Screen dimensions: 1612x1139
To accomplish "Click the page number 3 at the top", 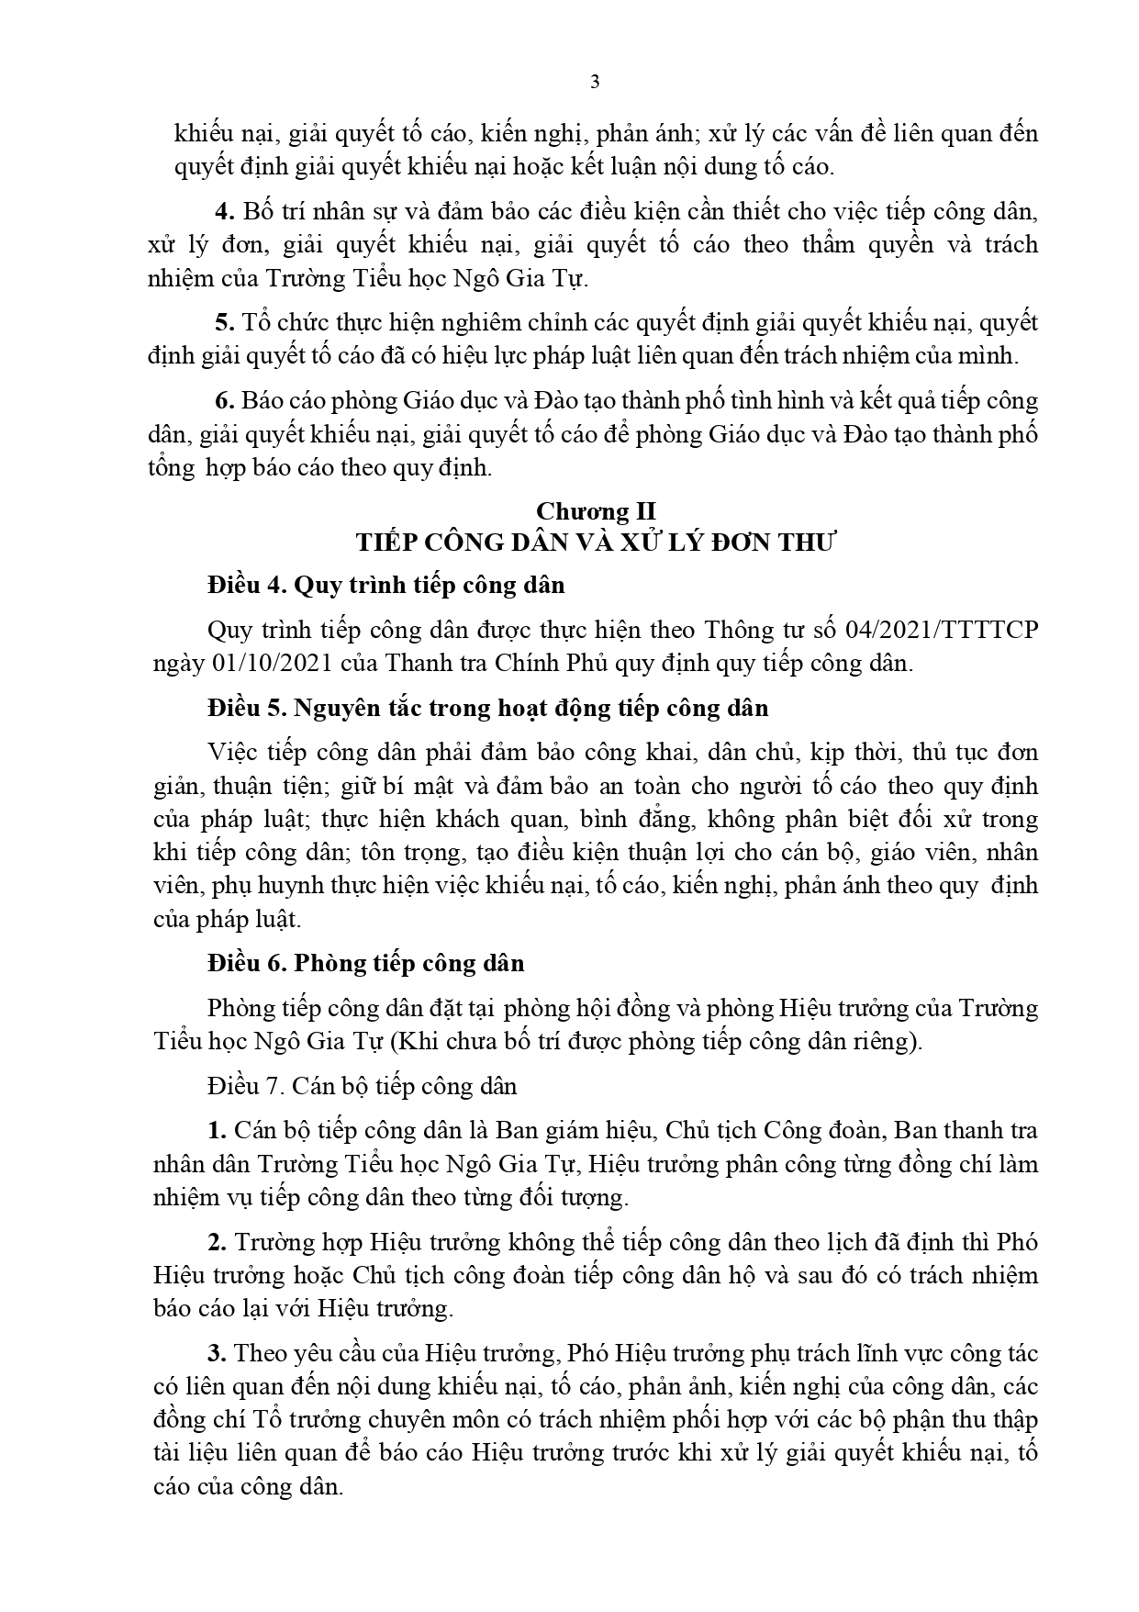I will coord(594,82).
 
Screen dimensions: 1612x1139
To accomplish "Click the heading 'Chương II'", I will coord(596,510).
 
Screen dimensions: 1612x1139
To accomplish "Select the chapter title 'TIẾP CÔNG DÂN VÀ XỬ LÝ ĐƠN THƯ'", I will coord(596,543).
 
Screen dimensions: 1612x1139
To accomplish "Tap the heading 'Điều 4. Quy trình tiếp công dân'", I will coord(386,585).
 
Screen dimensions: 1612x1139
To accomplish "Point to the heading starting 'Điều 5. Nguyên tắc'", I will coord(487,709).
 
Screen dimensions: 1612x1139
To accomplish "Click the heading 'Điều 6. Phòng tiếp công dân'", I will coord(366,963).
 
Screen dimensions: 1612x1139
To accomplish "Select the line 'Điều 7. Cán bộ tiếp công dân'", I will coord(363,1086).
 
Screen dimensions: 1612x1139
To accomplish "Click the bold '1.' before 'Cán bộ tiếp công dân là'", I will coord(217,1130).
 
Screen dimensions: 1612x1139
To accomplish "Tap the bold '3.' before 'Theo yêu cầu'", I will coord(217,1353).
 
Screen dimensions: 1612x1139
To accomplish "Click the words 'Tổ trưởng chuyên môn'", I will coord(354,1419).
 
